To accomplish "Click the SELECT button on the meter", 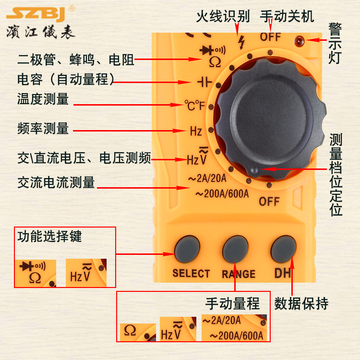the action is (x=187, y=248).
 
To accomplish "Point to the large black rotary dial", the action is (x=266, y=118).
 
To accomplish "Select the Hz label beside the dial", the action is (x=195, y=131).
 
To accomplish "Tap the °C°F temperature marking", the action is (x=195, y=105).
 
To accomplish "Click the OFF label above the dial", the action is (x=271, y=36).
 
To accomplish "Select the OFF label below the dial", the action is (x=269, y=201).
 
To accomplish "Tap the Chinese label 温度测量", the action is (x=43, y=99).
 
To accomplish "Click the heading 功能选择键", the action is (x=50, y=236).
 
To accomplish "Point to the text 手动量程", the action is (x=233, y=303).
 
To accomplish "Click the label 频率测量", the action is (x=43, y=129).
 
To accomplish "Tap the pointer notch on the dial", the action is (x=255, y=169).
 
